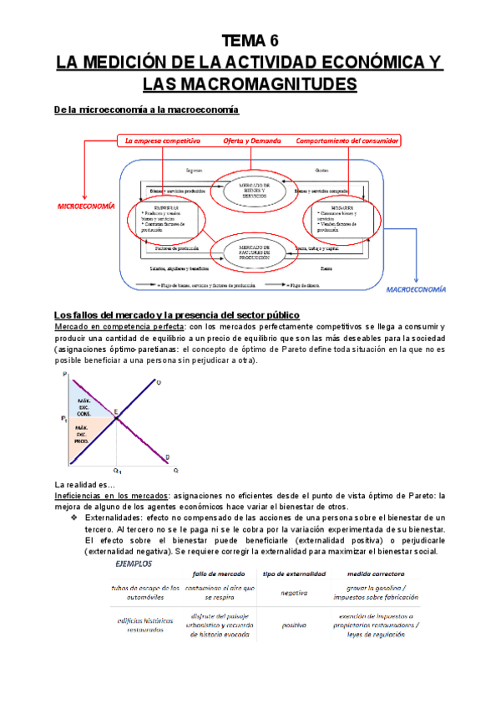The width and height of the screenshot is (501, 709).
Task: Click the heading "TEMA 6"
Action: pos(250,40)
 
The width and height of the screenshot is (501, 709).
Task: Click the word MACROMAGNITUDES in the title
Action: pos(250,84)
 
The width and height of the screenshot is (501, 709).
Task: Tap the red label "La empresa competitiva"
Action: pos(164,140)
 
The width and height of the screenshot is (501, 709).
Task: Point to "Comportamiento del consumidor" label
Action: pos(347,140)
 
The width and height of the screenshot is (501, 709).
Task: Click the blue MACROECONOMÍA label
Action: pos(416,289)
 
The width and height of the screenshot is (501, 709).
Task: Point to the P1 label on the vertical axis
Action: pos(64,418)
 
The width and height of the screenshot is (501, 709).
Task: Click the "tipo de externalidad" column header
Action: pos(295,574)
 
